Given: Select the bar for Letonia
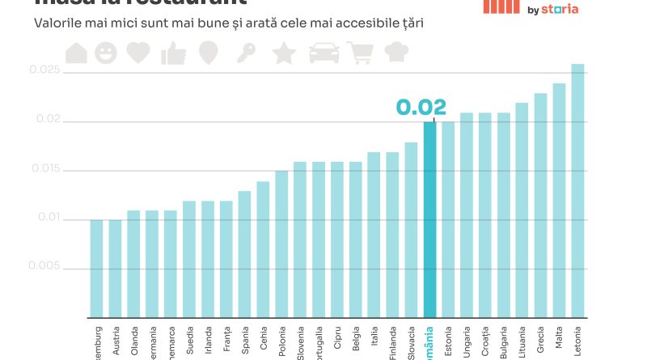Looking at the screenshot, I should coord(577,190).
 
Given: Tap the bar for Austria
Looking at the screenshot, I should coord(115,268).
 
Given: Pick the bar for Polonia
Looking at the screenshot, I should coord(281,244).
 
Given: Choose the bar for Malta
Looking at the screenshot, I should coord(559,200).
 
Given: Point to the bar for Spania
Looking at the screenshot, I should coord(244,253).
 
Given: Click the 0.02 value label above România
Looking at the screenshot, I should coord(421,108).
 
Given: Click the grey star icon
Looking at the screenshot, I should coord(284,53).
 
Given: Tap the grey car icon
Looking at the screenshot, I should coord(324,53).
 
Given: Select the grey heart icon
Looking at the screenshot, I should coord(138,53).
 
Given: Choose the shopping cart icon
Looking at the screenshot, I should coord(360,53).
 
